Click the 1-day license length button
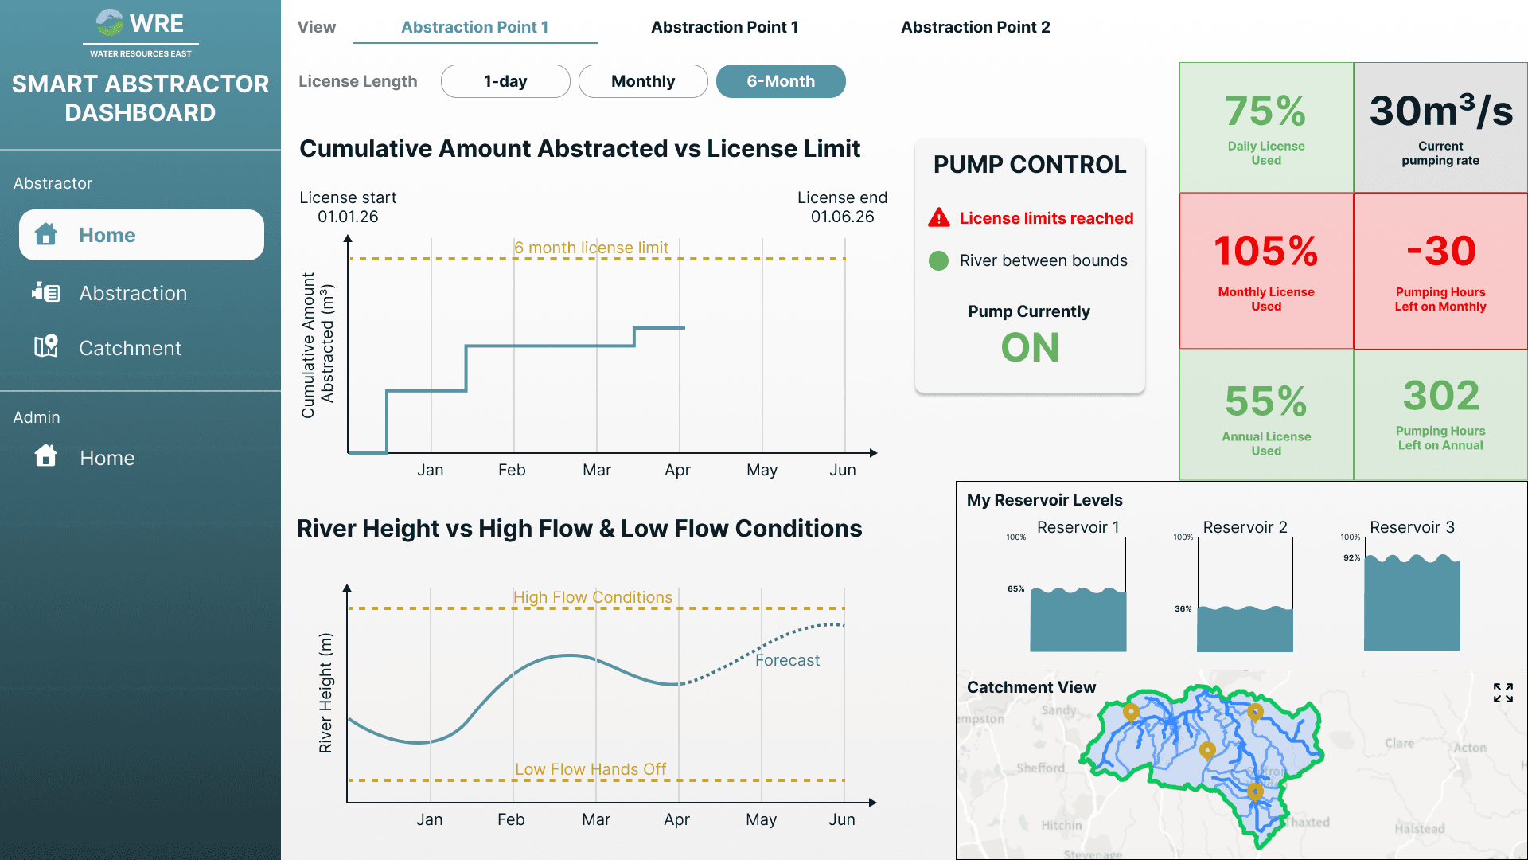505,81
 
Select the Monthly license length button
643,81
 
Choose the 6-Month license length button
781,81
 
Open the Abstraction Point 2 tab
975,27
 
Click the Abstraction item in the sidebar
133,293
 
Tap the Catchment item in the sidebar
130,348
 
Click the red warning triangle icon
939,217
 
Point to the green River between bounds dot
939,260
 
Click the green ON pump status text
1030,347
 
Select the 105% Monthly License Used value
1265,251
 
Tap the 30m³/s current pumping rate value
1440,111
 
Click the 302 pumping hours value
1440,396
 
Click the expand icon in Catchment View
1503,693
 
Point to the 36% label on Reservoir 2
1183,608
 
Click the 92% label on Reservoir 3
1351,557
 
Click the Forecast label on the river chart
787,660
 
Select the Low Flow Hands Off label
591,769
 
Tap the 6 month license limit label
591,248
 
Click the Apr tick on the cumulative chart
677,470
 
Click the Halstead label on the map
1419,828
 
